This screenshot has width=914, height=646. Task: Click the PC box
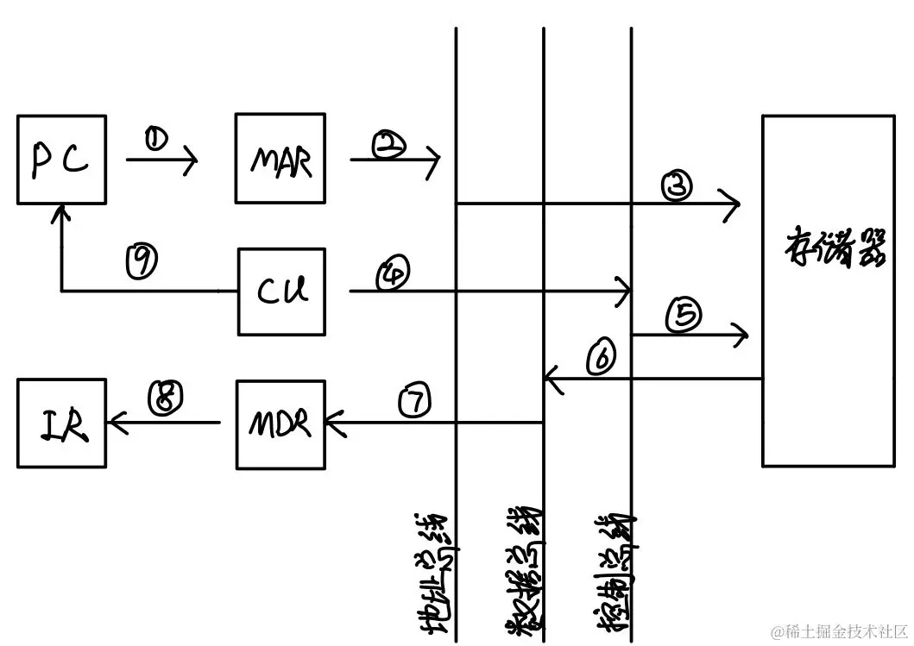61,160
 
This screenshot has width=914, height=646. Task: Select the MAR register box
282,160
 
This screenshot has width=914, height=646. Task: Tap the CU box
282,292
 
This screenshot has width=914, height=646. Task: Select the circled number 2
390,145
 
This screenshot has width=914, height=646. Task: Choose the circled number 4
392,274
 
